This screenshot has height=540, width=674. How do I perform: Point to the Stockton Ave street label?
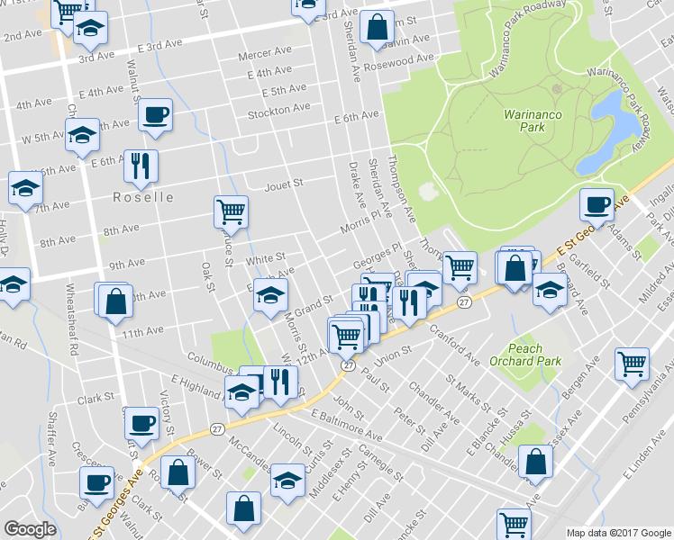pyautogui.click(x=279, y=109)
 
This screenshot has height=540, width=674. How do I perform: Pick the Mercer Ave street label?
pyautogui.click(x=261, y=55)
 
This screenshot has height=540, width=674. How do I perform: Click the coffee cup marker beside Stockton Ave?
pyautogui.click(x=156, y=114)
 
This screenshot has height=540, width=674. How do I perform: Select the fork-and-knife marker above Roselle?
pyautogui.click(x=140, y=164)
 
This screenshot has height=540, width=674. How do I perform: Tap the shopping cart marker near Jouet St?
pyautogui.click(x=231, y=211)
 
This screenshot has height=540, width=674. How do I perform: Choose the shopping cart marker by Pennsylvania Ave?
pyautogui.click(x=632, y=363)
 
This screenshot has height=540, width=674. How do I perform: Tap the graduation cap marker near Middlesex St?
pyautogui.click(x=288, y=480)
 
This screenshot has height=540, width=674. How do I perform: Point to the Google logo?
pyautogui.click(x=31, y=529)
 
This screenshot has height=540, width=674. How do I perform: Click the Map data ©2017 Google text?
pyautogui.click(x=618, y=533)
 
